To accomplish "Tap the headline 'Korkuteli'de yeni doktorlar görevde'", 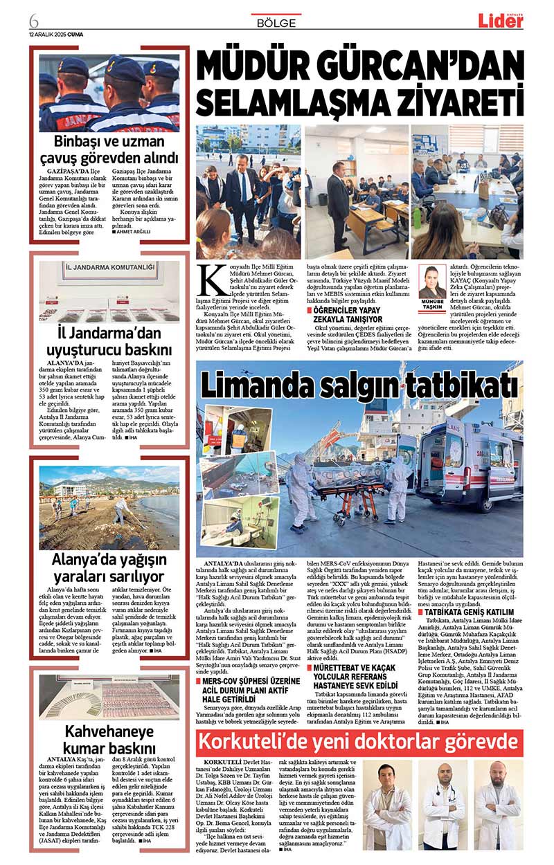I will coord(359,742).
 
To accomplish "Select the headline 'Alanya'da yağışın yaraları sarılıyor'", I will coord(109,567).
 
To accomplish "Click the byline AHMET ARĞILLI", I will coord(134,232).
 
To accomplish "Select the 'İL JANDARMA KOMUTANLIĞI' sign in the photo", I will coord(109,267).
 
